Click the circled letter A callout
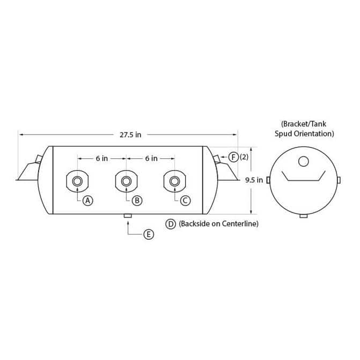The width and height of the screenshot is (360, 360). point(87,201)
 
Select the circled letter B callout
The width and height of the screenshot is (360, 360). point(137,201)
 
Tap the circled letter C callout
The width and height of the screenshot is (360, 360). point(185,201)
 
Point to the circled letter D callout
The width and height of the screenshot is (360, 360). point(171,224)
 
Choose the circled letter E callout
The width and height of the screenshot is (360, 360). point(149,234)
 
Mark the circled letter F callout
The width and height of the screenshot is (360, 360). point(233,157)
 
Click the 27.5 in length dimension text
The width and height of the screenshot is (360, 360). point(130,135)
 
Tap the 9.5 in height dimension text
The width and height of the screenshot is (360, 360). point(254,180)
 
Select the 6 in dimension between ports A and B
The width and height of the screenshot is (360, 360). point(102,158)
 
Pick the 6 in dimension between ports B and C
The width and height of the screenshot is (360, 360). point(151,158)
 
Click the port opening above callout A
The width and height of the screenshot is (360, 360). point(77,181)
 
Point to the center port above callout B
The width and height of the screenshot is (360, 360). point(126,181)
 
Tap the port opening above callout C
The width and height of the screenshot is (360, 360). point(175,181)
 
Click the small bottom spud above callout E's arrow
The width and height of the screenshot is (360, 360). point(128,216)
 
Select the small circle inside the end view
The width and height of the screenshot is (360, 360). point(304,161)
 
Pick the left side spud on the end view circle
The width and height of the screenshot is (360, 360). point(268,180)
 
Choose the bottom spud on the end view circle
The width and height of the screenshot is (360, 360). point(304,216)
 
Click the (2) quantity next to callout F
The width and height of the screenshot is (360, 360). point(244,157)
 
